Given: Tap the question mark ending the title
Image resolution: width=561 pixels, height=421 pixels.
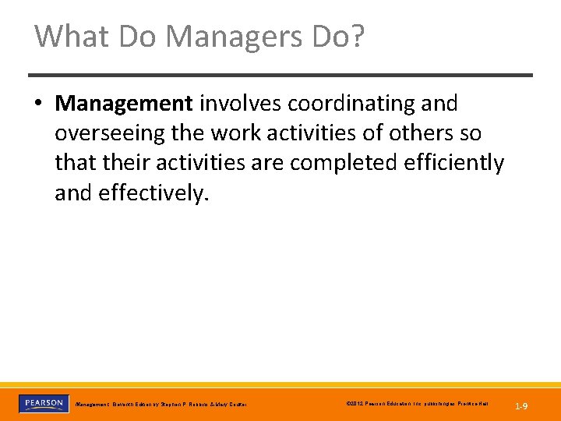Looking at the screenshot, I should [356, 36].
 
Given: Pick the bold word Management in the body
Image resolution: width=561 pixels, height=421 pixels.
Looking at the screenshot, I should [125, 103].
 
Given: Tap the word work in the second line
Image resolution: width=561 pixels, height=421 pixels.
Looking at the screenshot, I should [238, 133].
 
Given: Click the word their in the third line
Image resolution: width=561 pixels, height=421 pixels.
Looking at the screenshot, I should [121, 164].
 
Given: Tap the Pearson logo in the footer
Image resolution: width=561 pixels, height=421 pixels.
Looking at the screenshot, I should [42, 404].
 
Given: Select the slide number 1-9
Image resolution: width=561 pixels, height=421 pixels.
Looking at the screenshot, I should [521, 405].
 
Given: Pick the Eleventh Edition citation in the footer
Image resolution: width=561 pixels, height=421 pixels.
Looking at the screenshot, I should [161, 405].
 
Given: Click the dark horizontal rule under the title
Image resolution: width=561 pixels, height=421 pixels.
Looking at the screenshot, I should [280, 75].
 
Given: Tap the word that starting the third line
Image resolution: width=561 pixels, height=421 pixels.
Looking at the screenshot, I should [72, 164].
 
